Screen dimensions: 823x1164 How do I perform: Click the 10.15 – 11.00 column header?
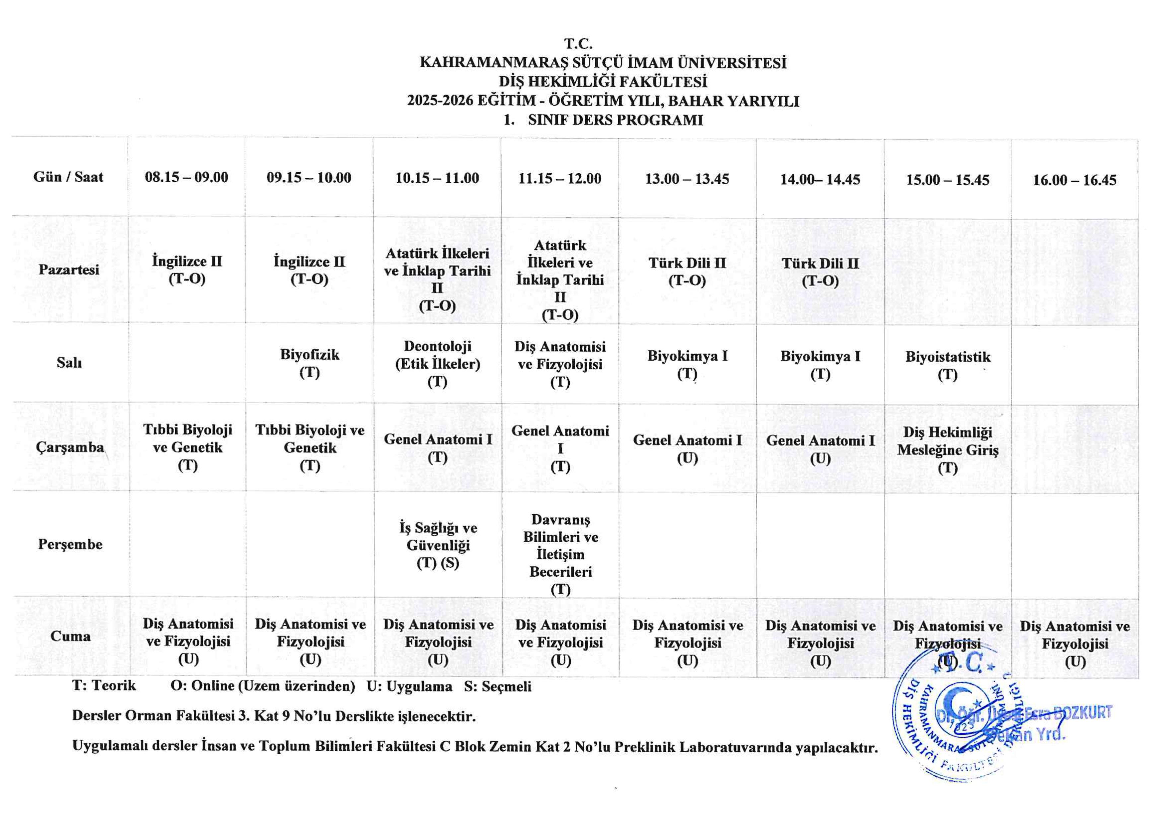[437, 178]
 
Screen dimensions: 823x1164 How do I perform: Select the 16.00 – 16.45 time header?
[1074, 180]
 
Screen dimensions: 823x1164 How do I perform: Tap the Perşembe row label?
[70, 544]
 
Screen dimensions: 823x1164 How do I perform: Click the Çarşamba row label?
[69, 447]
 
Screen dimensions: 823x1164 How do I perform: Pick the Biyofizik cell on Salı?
[309, 363]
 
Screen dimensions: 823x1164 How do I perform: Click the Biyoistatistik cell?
[947, 365]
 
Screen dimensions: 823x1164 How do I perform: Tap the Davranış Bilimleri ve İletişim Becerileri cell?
[560, 554]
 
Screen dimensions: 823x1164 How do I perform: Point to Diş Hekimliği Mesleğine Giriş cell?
[947, 449]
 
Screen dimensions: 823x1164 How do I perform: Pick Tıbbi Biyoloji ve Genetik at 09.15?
[309, 447]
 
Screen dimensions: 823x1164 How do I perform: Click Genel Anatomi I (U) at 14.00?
[820, 449]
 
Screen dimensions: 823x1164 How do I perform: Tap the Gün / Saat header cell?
[68, 177]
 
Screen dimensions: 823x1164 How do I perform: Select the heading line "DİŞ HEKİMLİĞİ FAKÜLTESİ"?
[603, 82]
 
